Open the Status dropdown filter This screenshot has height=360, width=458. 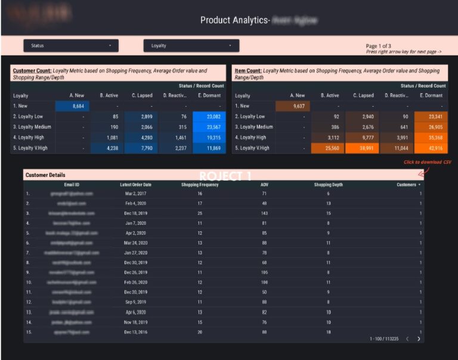point(70,45)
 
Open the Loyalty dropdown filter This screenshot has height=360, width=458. point(191,45)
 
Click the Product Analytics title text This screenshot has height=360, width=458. point(234,20)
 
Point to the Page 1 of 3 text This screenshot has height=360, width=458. point(380,46)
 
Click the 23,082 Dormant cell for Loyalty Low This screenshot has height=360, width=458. point(209,116)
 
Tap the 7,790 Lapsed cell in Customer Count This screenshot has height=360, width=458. point(142,148)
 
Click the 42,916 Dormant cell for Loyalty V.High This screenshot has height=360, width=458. point(431,148)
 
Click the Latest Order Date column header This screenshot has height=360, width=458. point(135,185)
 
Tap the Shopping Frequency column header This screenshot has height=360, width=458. point(200,185)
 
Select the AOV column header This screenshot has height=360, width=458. point(264,185)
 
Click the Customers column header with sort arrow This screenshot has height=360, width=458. point(409,185)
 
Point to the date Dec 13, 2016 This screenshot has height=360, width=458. point(135,332)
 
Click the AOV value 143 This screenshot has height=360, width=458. point(264,213)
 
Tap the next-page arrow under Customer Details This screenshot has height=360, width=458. point(419,339)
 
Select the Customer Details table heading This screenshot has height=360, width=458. point(45,175)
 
